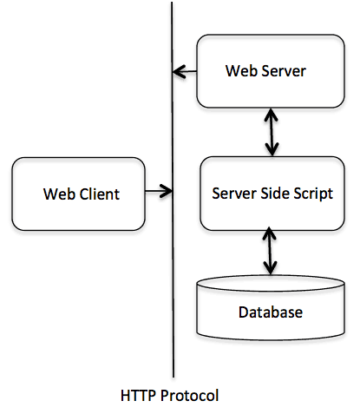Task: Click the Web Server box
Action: point(271,71)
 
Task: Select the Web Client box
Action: point(78,194)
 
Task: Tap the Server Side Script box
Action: point(272,194)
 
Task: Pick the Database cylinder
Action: point(271,307)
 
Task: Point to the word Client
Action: point(100,194)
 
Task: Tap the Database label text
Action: point(271,312)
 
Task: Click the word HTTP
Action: point(139,395)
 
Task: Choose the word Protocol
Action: point(190,395)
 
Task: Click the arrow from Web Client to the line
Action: point(159,191)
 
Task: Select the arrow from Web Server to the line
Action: point(185,71)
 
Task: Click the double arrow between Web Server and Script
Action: point(272,133)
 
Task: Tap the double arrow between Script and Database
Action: point(270,251)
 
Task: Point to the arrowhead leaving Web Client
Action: point(167,191)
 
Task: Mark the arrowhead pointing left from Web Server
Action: point(179,71)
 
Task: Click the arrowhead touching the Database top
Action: point(270,268)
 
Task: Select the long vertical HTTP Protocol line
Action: point(173,189)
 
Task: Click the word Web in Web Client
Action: point(60,194)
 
